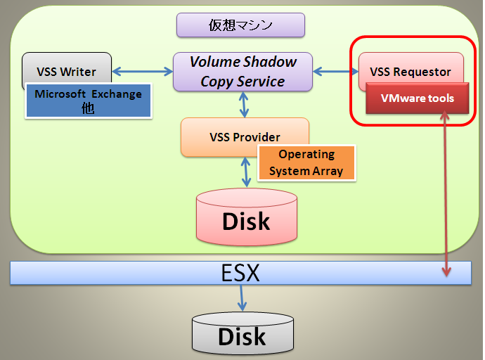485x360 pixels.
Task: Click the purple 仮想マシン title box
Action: (240, 25)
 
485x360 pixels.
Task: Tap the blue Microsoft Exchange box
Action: (89, 101)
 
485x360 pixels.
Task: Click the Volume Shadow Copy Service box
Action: (242, 72)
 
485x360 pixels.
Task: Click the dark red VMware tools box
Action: (418, 98)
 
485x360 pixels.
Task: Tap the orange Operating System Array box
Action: (306, 163)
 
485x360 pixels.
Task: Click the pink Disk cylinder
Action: (247, 217)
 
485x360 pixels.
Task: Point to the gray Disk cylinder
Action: (242, 333)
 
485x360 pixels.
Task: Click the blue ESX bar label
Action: (240, 273)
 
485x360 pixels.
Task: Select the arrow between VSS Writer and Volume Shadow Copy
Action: (142, 72)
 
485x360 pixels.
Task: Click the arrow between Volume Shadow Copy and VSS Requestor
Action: (335, 72)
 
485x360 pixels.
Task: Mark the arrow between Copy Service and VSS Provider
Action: (244, 105)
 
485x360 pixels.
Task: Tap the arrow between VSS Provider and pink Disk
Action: (246, 172)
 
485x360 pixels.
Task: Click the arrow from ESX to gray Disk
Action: (242, 298)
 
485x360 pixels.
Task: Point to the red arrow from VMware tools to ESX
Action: (446, 193)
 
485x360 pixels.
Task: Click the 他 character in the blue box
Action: (88, 108)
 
